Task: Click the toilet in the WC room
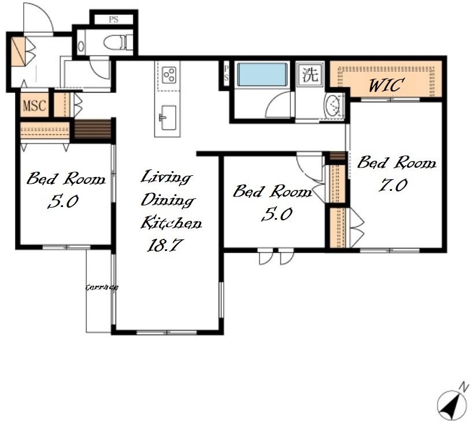118,43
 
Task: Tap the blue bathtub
262,74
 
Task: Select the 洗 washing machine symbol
311,74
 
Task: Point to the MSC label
35,106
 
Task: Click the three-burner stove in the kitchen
169,75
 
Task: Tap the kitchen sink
168,117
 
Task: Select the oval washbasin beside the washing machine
332,106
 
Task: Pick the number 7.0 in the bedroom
393,185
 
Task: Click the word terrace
102,287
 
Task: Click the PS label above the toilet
113,20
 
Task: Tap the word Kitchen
171,223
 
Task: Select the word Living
165,178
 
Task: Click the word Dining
168,200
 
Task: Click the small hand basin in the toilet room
81,46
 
